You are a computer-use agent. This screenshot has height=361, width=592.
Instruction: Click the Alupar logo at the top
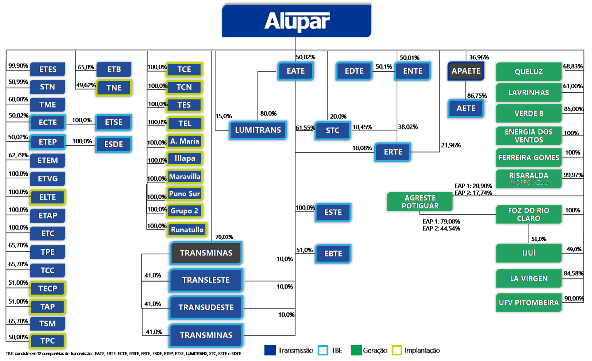coord(296,21)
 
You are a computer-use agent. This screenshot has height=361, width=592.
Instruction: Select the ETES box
coord(47,69)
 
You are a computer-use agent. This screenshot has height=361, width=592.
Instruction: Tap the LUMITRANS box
coord(258,130)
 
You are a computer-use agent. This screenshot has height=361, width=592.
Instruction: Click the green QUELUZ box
coord(528,72)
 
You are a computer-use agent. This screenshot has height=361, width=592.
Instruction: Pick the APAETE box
coord(466,71)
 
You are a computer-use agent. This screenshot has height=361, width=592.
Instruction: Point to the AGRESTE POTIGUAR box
coord(420,202)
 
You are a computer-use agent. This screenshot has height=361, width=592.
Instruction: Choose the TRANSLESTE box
coord(206,280)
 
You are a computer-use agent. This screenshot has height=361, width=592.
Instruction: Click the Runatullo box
coord(187,230)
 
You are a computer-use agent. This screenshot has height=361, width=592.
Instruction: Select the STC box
coord(333,131)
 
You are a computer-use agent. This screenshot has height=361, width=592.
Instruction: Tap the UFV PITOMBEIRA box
coord(528,302)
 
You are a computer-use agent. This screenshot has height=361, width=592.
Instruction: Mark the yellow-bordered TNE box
coord(114,88)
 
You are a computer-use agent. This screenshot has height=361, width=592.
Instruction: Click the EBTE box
coord(333,254)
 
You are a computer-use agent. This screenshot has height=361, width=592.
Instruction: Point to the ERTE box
coord(393,152)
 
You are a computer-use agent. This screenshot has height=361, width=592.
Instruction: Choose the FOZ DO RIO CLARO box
coord(528,214)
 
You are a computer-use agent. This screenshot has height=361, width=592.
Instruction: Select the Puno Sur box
coord(185,194)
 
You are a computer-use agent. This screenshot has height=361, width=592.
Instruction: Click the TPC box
coord(47,341)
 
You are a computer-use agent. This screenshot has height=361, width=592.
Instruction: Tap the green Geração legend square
coord(356,350)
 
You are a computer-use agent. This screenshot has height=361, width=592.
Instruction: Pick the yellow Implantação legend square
coord(397,350)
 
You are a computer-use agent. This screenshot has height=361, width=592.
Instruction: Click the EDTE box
coord(354,71)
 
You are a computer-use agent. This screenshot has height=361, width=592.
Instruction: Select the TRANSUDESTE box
coord(206,307)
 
